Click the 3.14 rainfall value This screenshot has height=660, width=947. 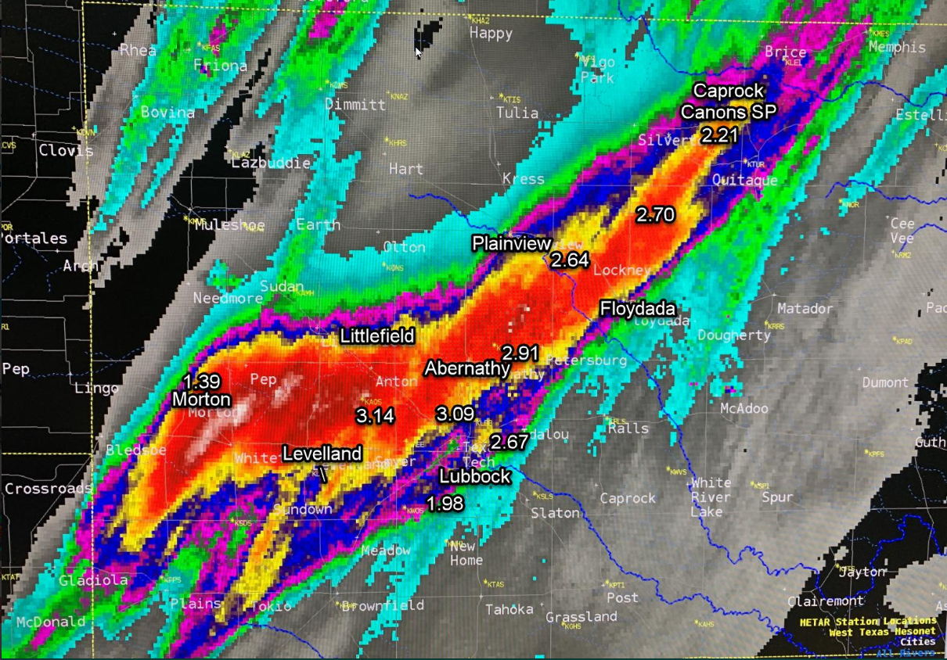[375, 416]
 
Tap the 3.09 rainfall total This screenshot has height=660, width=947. [455, 414]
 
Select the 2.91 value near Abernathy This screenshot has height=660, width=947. [520, 353]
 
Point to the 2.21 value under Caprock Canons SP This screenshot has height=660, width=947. [719, 135]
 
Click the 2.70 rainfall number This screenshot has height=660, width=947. [655, 214]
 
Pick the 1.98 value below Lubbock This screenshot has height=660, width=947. [445, 503]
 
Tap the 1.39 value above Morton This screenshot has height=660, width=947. [201, 382]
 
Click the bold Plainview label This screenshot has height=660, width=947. [511, 243]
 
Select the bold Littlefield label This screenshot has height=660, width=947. [376, 336]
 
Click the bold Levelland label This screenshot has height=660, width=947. [322, 454]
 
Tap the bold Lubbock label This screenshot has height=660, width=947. [474, 475]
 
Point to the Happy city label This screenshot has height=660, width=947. [491, 34]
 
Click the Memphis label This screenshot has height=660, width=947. [897, 47]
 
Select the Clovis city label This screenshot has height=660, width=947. [66, 150]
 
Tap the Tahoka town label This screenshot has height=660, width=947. [510, 609]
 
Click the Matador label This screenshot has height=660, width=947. [805, 309]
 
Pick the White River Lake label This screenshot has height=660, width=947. [711, 497]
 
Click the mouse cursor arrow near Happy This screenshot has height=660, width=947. [418, 52]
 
